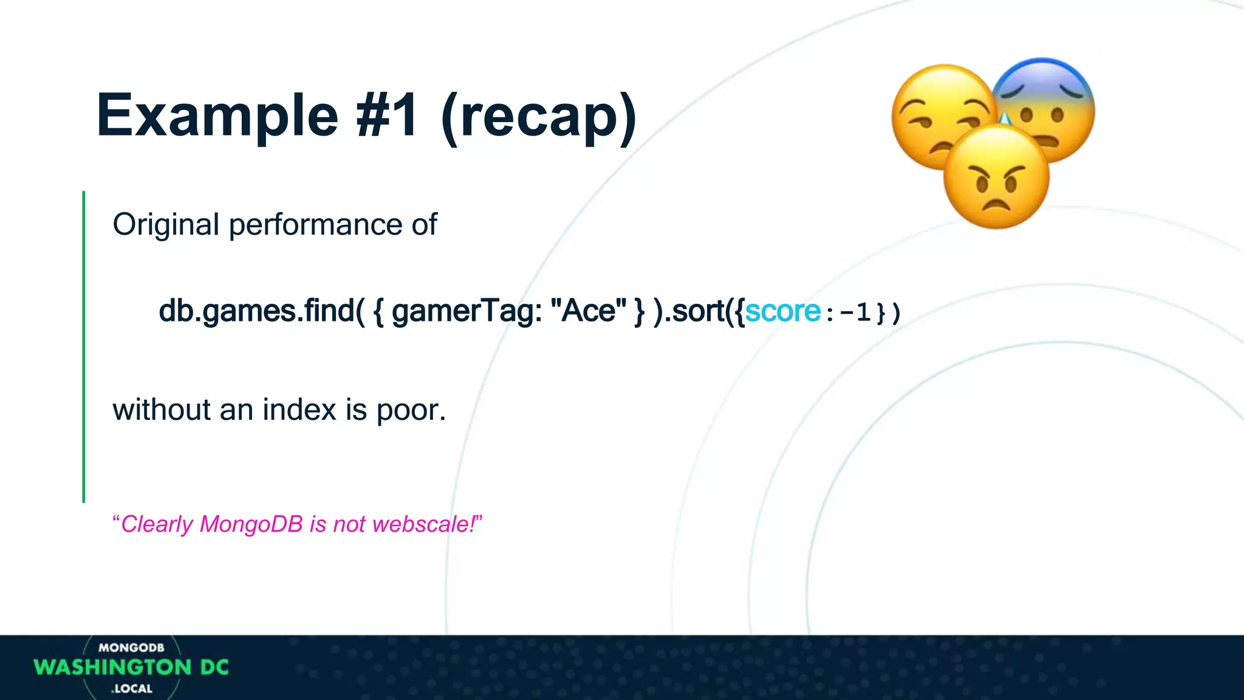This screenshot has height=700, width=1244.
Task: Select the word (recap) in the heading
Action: (539, 115)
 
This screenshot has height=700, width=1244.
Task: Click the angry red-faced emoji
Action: (996, 177)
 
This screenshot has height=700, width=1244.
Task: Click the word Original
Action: (165, 225)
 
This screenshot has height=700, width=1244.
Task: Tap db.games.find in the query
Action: (257, 311)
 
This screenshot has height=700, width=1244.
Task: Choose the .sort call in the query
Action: (695, 311)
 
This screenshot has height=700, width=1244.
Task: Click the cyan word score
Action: (783, 311)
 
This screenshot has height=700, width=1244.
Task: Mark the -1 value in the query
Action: (855, 312)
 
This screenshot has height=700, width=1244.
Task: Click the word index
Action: (299, 410)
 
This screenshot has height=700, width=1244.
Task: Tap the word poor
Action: (411, 411)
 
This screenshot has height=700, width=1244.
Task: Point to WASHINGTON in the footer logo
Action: (112, 667)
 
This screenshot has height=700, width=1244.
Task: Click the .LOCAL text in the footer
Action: (132, 688)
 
